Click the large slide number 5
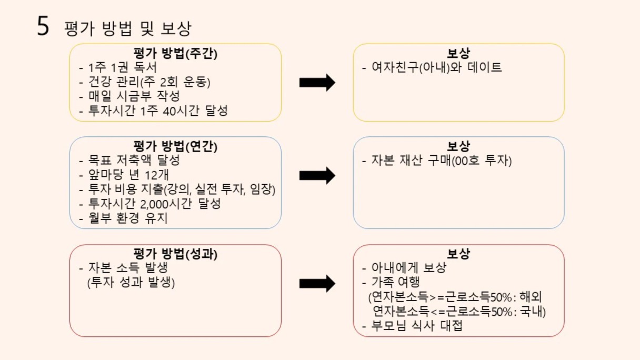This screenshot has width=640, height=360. point(43,26)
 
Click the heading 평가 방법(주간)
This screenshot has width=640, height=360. point(175,54)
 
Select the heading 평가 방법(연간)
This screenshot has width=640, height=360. point(175,146)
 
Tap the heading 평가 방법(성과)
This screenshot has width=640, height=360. point(175,254)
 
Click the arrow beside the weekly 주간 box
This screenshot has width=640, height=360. point(317,83)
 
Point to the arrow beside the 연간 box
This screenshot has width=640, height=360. point(317,176)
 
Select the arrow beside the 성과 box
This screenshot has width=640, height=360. point(317,284)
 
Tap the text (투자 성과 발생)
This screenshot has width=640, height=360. point(131,283)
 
